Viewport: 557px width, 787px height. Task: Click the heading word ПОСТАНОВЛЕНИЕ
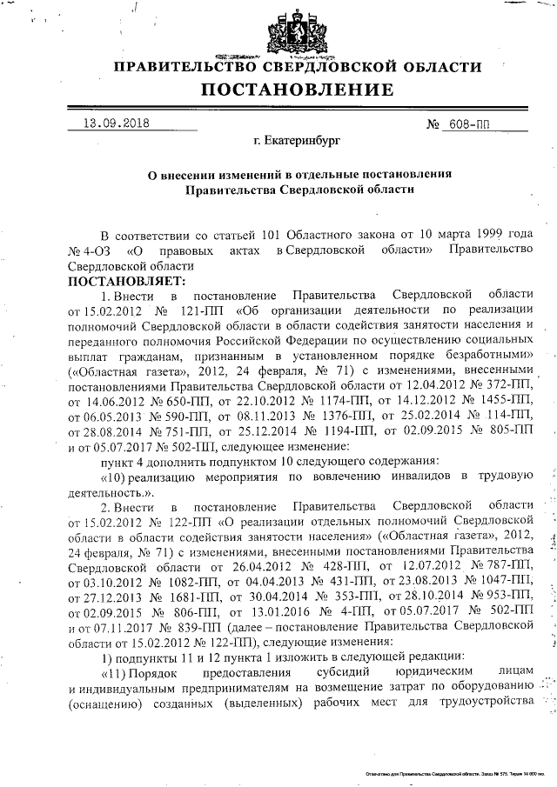point(297,89)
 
